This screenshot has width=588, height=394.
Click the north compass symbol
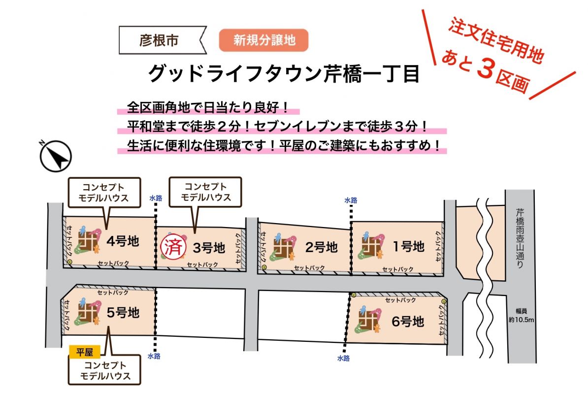coord(56,156)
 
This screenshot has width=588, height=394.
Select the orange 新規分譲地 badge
coord(263,40)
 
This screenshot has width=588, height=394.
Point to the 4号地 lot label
coord(123,241)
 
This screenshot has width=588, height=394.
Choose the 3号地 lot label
coord(209,248)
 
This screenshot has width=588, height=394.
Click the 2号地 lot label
coord(322,247)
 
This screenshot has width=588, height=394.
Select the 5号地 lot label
coord(123,312)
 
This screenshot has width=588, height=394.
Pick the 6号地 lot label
coord(408,321)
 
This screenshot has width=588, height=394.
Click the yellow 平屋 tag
coord(85,352)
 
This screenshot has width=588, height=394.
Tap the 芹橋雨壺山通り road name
coord(520,238)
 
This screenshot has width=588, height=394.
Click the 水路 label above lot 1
coord(351,200)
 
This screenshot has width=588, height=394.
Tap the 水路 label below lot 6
coord(344,359)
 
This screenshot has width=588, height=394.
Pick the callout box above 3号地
coord(205,192)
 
